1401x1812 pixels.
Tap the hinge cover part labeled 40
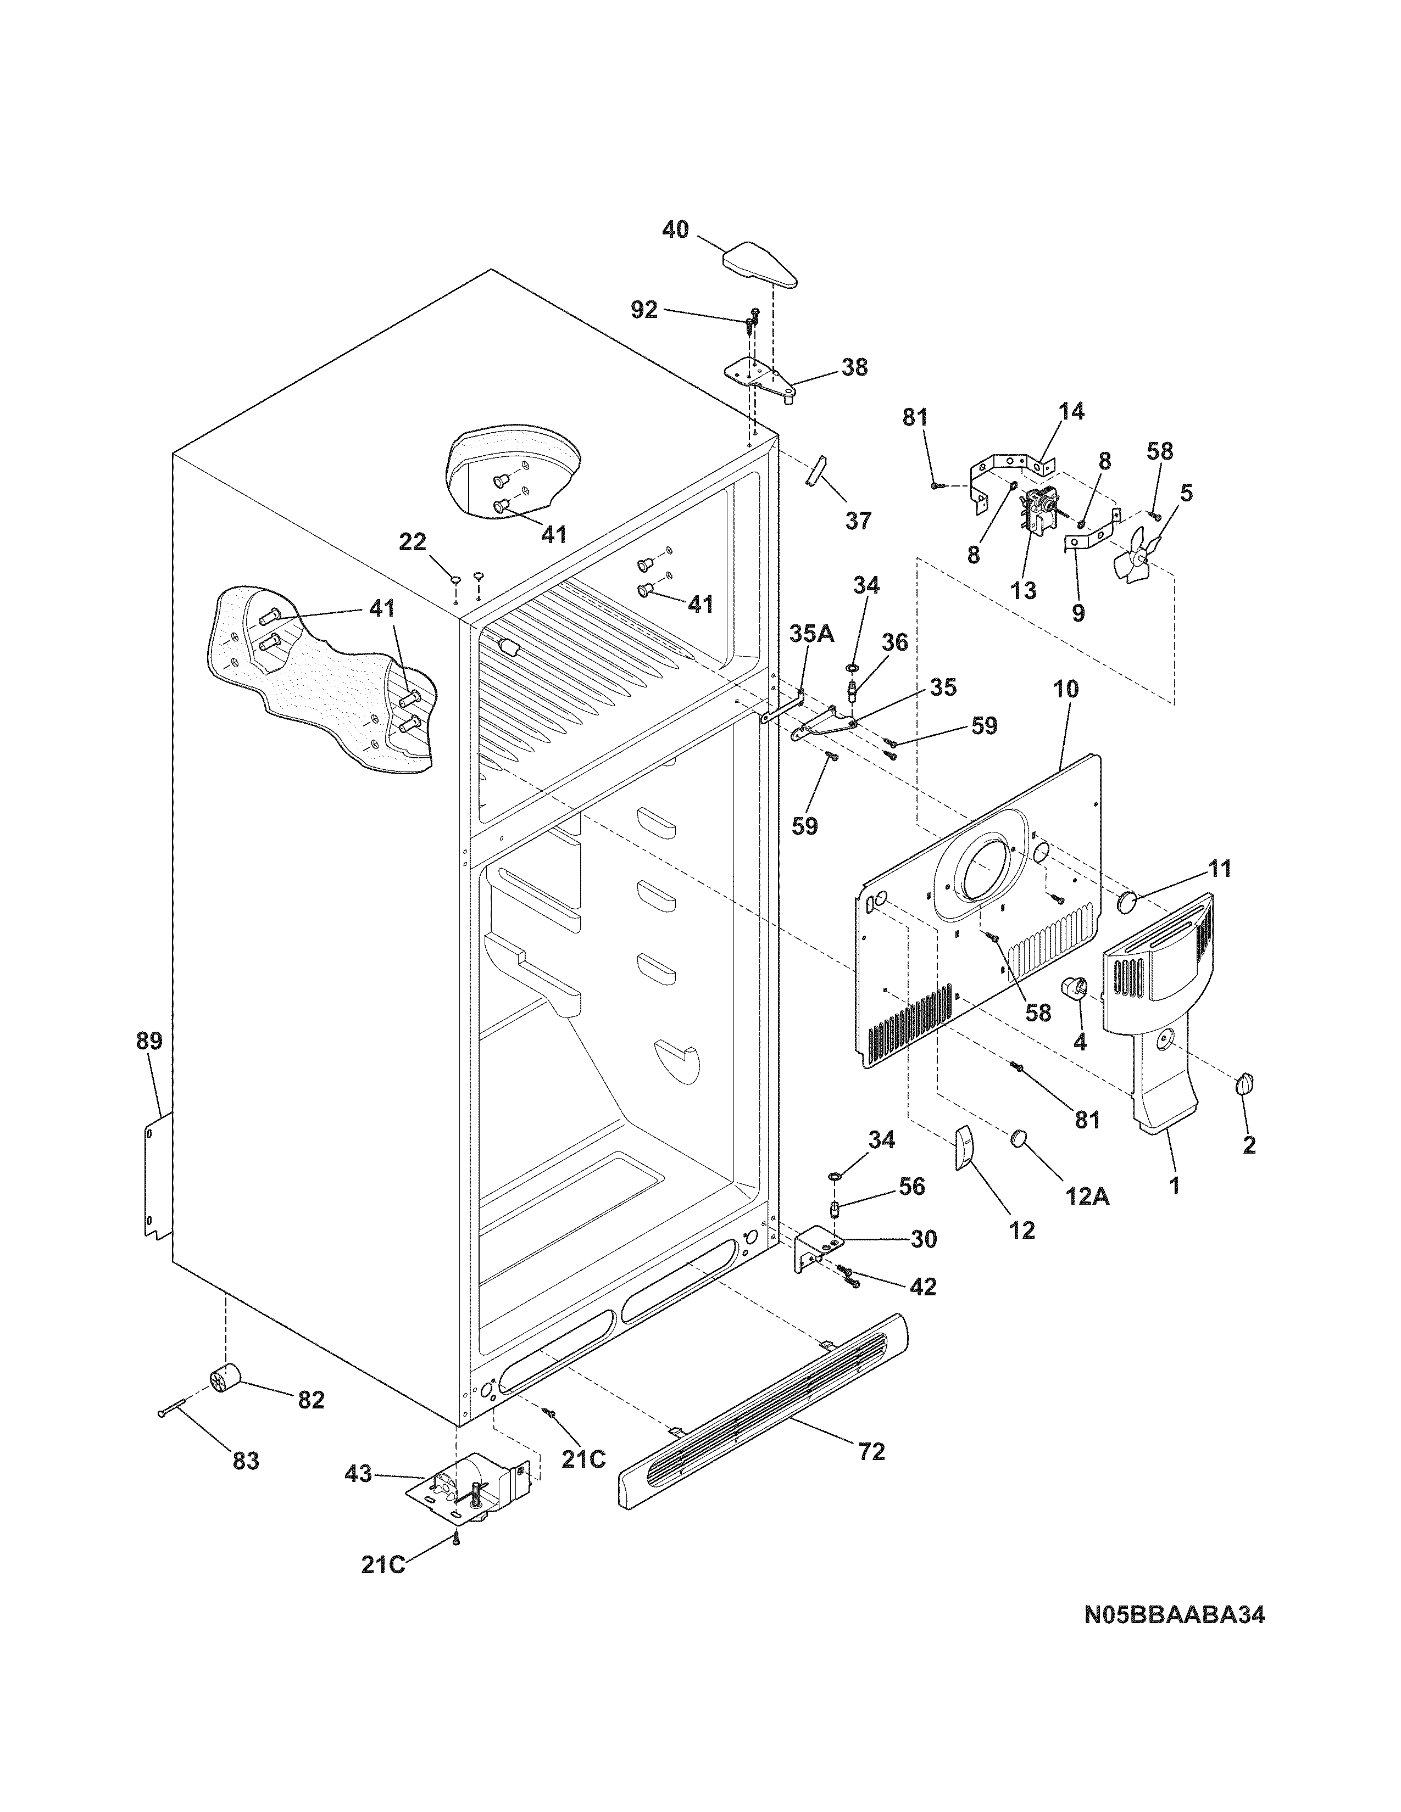[x=759, y=264]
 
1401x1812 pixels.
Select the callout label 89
[x=149, y=1041]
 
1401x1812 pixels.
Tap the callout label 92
[x=643, y=310]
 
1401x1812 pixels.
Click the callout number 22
[x=413, y=542]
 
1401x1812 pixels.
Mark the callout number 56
[x=911, y=1187]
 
